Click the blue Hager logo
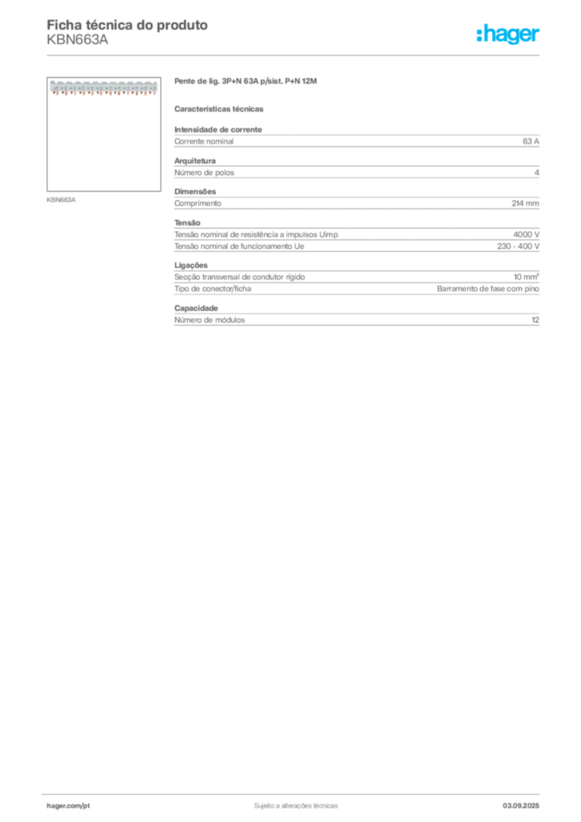point(510,35)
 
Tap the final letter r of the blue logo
point(538,36)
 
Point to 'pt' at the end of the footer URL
point(84,804)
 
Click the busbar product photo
point(102,87)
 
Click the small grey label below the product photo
point(61,199)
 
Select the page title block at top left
point(128,32)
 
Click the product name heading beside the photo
point(247,83)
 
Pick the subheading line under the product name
point(221,108)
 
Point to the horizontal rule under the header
point(295,55)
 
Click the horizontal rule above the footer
point(295,793)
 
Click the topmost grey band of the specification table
point(356,141)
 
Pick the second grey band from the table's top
point(356,170)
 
